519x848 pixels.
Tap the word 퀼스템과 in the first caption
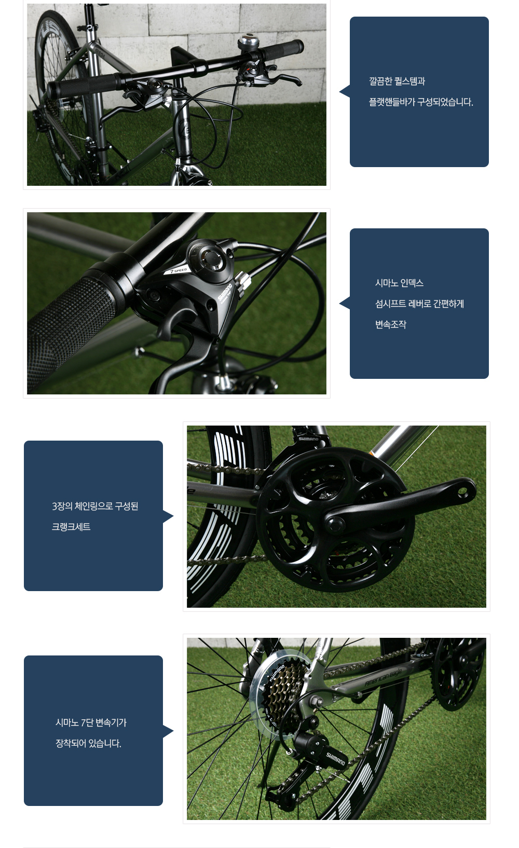coord(410,81)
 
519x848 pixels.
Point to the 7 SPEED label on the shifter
coord(179,270)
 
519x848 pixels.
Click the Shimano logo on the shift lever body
coord(225,292)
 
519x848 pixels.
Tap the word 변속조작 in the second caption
coord(391,324)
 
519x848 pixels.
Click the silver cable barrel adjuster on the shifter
coord(243,281)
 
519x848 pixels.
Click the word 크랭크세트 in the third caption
coord(71,527)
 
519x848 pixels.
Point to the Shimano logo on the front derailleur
coord(308,439)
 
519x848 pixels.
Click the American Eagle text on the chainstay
coord(383,677)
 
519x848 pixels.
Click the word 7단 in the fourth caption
coord(87,722)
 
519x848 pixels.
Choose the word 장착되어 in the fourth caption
coord(71,743)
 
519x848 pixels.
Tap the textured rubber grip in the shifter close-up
coord(72,333)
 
